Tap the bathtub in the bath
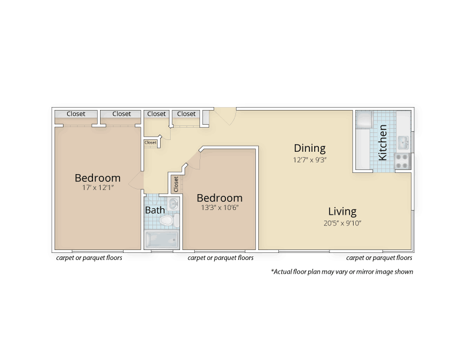pos(162,239)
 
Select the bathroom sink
pos(172,204)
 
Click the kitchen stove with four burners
pos(402,161)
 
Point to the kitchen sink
pos(403,143)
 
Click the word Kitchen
pos(382,142)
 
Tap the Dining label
pos(309,148)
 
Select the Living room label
pos(342,212)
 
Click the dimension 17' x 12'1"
pos(98,188)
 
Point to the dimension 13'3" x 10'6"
pos(219,208)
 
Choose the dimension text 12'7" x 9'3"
pos(309,160)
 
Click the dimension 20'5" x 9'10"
pos(342,224)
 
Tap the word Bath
pos(155,211)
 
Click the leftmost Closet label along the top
pos(76,114)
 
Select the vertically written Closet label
pos(176,184)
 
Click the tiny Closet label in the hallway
pos(151,142)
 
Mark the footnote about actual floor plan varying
pos(342,272)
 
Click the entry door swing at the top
pos(226,116)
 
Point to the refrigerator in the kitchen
pos(364,119)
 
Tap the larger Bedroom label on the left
pos(98,178)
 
